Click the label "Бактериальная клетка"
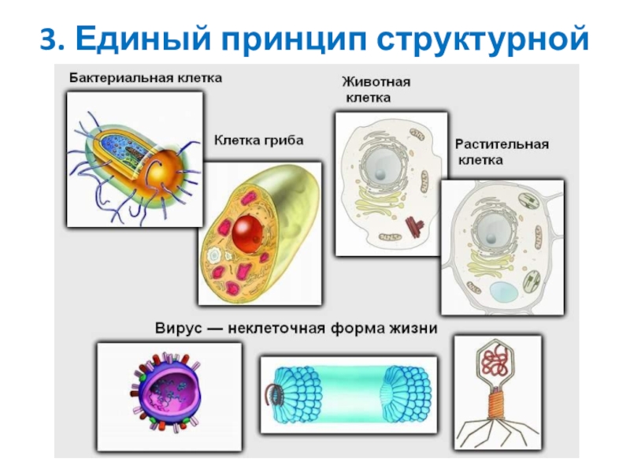tap(145, 77)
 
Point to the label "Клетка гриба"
tap(259, 140)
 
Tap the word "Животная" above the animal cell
tap(376, 81)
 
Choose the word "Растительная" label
tap(502, 145)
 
